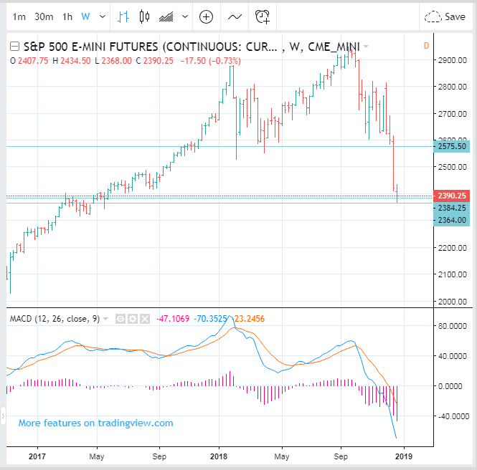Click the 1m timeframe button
click(19, 16)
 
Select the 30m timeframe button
click(44, 16)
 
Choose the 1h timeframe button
click(67, 16)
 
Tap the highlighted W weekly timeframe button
click(86, 16)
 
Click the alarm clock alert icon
click(263, 16)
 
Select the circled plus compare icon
click(206, 16)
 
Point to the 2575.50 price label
click(453, 146)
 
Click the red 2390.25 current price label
click(453, 196)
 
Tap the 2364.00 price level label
click(453, 220)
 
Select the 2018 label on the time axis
click(219, 456)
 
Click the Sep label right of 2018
click(341, 456)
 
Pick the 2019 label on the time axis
click(405, 456)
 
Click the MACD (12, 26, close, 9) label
click(55, 318)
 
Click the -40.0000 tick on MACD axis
click(453, 416)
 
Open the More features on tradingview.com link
click(95, 423)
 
